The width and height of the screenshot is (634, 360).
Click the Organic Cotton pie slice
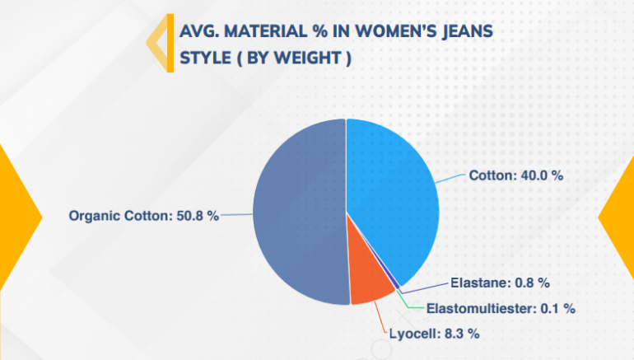[299, 213]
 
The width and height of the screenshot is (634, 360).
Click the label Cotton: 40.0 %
[516, 175]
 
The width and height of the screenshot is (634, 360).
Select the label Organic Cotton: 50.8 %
[143, 216]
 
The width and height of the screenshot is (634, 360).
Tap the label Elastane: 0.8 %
[500, 283]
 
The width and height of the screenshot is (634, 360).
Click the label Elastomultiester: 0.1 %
[501, 309]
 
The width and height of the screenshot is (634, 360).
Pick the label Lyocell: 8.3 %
[434, 334]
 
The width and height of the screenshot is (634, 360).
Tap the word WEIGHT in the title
[307, 58]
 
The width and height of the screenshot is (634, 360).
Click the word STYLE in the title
[205, 58]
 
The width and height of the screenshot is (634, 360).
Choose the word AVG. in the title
[199, 31]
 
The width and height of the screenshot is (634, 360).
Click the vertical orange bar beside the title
[170, 44]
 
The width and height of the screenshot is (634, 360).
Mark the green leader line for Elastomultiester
[409, 303]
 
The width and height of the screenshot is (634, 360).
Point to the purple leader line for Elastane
[425, 288]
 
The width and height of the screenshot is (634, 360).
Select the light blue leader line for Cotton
[450, 179]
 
